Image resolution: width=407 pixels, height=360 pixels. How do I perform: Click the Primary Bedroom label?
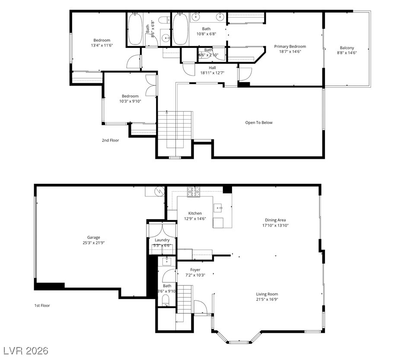click(x=290, y=47)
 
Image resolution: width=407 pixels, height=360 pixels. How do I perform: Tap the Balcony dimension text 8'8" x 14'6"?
click(x=347, y=53)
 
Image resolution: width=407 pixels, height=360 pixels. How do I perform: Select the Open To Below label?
click(x=259, y=123)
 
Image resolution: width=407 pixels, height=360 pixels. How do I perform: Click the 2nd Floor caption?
click(x=110, y=140)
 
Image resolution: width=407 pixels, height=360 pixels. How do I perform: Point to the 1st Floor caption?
click(x=42, y=306)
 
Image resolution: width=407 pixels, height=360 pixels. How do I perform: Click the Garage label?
click(x=93, y=237)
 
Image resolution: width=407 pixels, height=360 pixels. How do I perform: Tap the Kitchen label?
click(x=195, y=213)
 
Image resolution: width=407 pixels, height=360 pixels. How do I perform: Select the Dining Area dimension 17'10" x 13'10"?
click(x=275, y=225)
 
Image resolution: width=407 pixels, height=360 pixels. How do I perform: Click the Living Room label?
click(x=267, y=294)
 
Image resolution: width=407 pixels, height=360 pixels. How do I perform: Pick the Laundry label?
click(x=162, y=240)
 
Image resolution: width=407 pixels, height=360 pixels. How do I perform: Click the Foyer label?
click(x=195, y=270)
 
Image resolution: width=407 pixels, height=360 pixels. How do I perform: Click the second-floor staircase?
click(x=175, y=125)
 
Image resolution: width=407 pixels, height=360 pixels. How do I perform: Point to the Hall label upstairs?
click(x=212, y=68)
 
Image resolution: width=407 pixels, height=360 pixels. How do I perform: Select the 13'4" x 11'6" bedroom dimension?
click(x=102, y=45)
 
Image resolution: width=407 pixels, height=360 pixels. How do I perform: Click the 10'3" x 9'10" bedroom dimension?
click(x=130, y=101)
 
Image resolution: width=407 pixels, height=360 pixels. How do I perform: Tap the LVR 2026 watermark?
click(x=26, y=350)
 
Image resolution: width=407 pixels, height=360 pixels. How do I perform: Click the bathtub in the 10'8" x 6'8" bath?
click(x=181, y=28)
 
